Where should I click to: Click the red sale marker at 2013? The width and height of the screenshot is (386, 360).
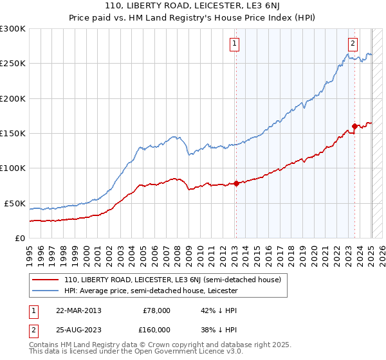236,183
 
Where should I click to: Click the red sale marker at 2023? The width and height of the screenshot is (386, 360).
354,126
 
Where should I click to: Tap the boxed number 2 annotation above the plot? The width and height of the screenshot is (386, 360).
353,44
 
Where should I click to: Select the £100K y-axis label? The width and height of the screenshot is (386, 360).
13,168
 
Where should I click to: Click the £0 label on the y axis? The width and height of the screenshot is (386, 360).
20,238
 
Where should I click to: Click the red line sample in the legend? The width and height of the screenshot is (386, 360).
46,280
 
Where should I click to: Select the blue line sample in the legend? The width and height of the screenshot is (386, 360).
46,291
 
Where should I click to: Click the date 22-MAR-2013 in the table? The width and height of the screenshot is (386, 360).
78,310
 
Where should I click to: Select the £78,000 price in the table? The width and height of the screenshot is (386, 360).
155,310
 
